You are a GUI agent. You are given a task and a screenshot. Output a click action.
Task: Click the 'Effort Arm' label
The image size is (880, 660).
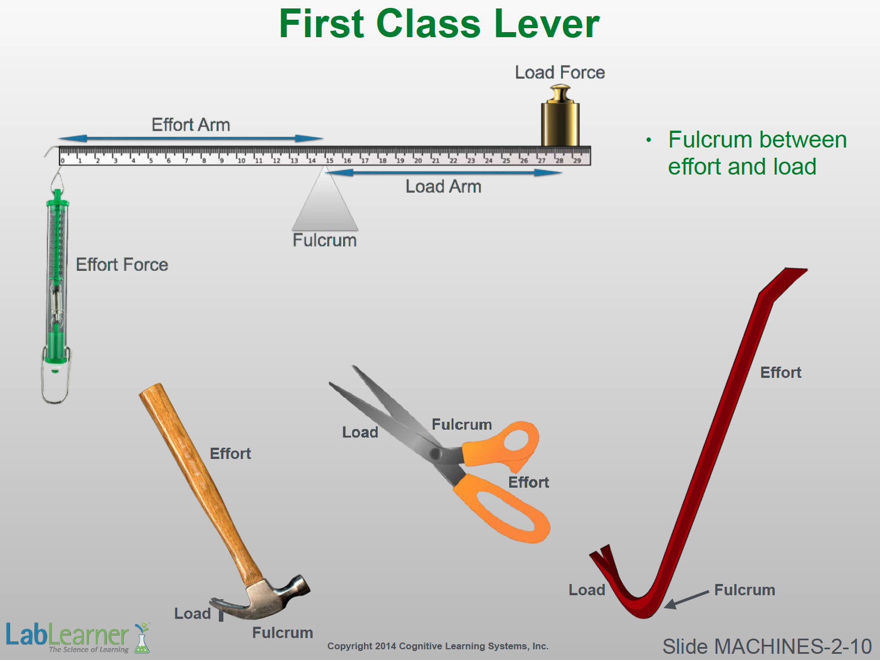pos(191,125)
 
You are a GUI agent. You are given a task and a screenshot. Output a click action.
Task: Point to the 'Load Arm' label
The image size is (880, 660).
pos(443,186)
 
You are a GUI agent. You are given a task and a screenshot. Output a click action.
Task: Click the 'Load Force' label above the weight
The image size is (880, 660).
pos(560,73)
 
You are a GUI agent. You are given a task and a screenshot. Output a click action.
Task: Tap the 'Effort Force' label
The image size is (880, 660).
pos(122,265)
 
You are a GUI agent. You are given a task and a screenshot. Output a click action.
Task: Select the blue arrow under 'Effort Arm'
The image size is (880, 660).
pos(191,139)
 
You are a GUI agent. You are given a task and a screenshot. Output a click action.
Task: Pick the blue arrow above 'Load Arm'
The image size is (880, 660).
pos(444,173)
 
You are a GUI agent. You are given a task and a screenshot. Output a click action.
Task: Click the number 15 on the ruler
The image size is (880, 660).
pos(329,160)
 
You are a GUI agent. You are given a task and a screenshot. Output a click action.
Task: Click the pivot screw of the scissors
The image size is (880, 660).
pos(435,454)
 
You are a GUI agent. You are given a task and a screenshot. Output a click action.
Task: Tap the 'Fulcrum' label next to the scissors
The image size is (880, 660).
pos(462,425)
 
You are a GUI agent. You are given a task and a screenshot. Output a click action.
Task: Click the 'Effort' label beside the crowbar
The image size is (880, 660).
pos(781,373)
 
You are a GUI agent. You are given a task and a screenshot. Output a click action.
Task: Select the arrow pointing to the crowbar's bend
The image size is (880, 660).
pos(686,600)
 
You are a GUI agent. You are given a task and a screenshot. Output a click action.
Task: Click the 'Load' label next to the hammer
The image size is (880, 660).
pos(192,613)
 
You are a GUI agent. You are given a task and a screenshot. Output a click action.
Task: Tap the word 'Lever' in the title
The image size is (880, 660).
pos(547,24)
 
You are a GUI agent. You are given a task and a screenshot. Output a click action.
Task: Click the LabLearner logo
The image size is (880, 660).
pos(78,637)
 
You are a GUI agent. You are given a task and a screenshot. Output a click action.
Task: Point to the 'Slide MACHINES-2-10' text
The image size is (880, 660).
pos(767,646)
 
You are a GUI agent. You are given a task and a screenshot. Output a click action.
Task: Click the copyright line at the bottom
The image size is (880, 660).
pos(438,646)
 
